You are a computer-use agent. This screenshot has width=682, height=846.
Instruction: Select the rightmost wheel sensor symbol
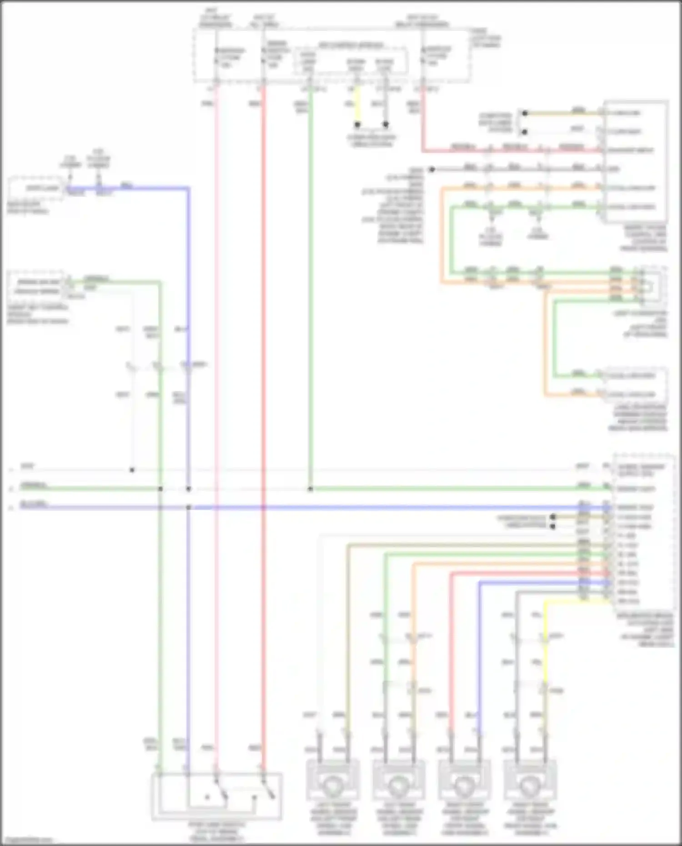click(530, 785)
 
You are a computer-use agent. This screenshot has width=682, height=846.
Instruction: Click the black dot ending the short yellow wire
click(357, 124)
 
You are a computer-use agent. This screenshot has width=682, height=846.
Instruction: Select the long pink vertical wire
click(216, 409)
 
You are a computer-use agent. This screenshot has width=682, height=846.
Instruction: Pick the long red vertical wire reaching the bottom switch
click(263, 409)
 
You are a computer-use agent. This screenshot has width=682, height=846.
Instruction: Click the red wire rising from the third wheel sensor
click(451, 659)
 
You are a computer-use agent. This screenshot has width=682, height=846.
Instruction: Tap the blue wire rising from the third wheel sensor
click(479, 659)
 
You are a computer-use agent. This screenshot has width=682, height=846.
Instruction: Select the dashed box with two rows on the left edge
click(36, 286)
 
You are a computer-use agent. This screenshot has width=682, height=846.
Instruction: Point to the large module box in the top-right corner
click(635, 161)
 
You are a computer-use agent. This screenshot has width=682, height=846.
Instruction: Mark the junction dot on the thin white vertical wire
click(132, 470)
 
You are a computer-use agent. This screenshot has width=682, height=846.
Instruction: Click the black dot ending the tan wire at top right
click(525, 113)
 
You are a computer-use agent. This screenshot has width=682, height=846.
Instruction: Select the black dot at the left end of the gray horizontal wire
click(432, 170)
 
